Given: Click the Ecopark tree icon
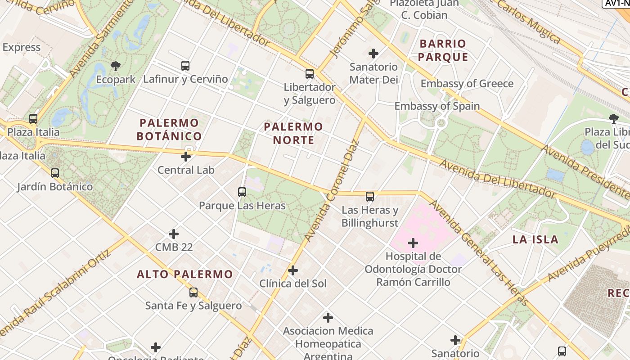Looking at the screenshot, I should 116,66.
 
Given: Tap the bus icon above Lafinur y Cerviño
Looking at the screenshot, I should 185,66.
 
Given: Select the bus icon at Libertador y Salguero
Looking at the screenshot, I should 309,74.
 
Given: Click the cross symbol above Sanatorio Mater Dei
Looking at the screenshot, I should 373,54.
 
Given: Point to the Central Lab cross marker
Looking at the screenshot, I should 185,157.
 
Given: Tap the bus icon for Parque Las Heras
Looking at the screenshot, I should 242,192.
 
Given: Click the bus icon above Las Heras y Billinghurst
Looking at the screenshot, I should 369,196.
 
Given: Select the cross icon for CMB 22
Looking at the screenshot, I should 174,234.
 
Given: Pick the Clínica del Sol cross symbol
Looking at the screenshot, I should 293,270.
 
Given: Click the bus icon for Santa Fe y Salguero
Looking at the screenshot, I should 193,292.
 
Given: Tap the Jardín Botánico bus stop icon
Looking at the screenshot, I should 55,173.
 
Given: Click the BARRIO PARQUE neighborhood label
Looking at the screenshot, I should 443,50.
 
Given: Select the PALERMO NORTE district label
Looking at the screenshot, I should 293,133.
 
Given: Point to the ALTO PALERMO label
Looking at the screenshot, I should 185,274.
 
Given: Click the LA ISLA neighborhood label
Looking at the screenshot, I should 535,239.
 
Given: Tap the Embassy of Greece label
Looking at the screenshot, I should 467,84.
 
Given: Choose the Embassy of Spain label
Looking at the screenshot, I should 437,106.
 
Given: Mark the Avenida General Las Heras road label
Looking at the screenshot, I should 479,252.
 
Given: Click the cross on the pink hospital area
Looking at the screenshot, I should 413,243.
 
